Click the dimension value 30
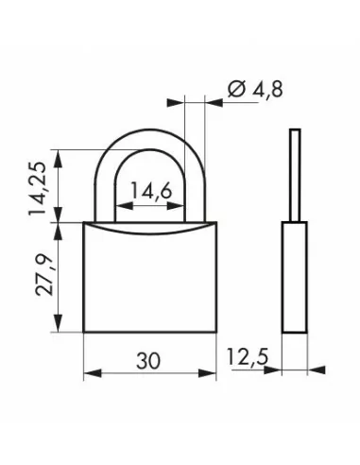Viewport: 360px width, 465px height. tap(148, 361)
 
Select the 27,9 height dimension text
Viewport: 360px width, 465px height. tap(44, 274)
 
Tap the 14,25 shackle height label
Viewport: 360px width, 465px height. tap(37, 188)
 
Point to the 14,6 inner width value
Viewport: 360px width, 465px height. tap(151, 191)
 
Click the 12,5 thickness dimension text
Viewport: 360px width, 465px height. tap(248, 356)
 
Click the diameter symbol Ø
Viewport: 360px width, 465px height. tap(236, 89)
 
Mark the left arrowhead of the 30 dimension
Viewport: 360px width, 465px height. tap(93, 373)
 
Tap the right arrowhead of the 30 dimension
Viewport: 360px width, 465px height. tap(208, 373)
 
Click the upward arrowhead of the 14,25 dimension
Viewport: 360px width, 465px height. tap(58, 159)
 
